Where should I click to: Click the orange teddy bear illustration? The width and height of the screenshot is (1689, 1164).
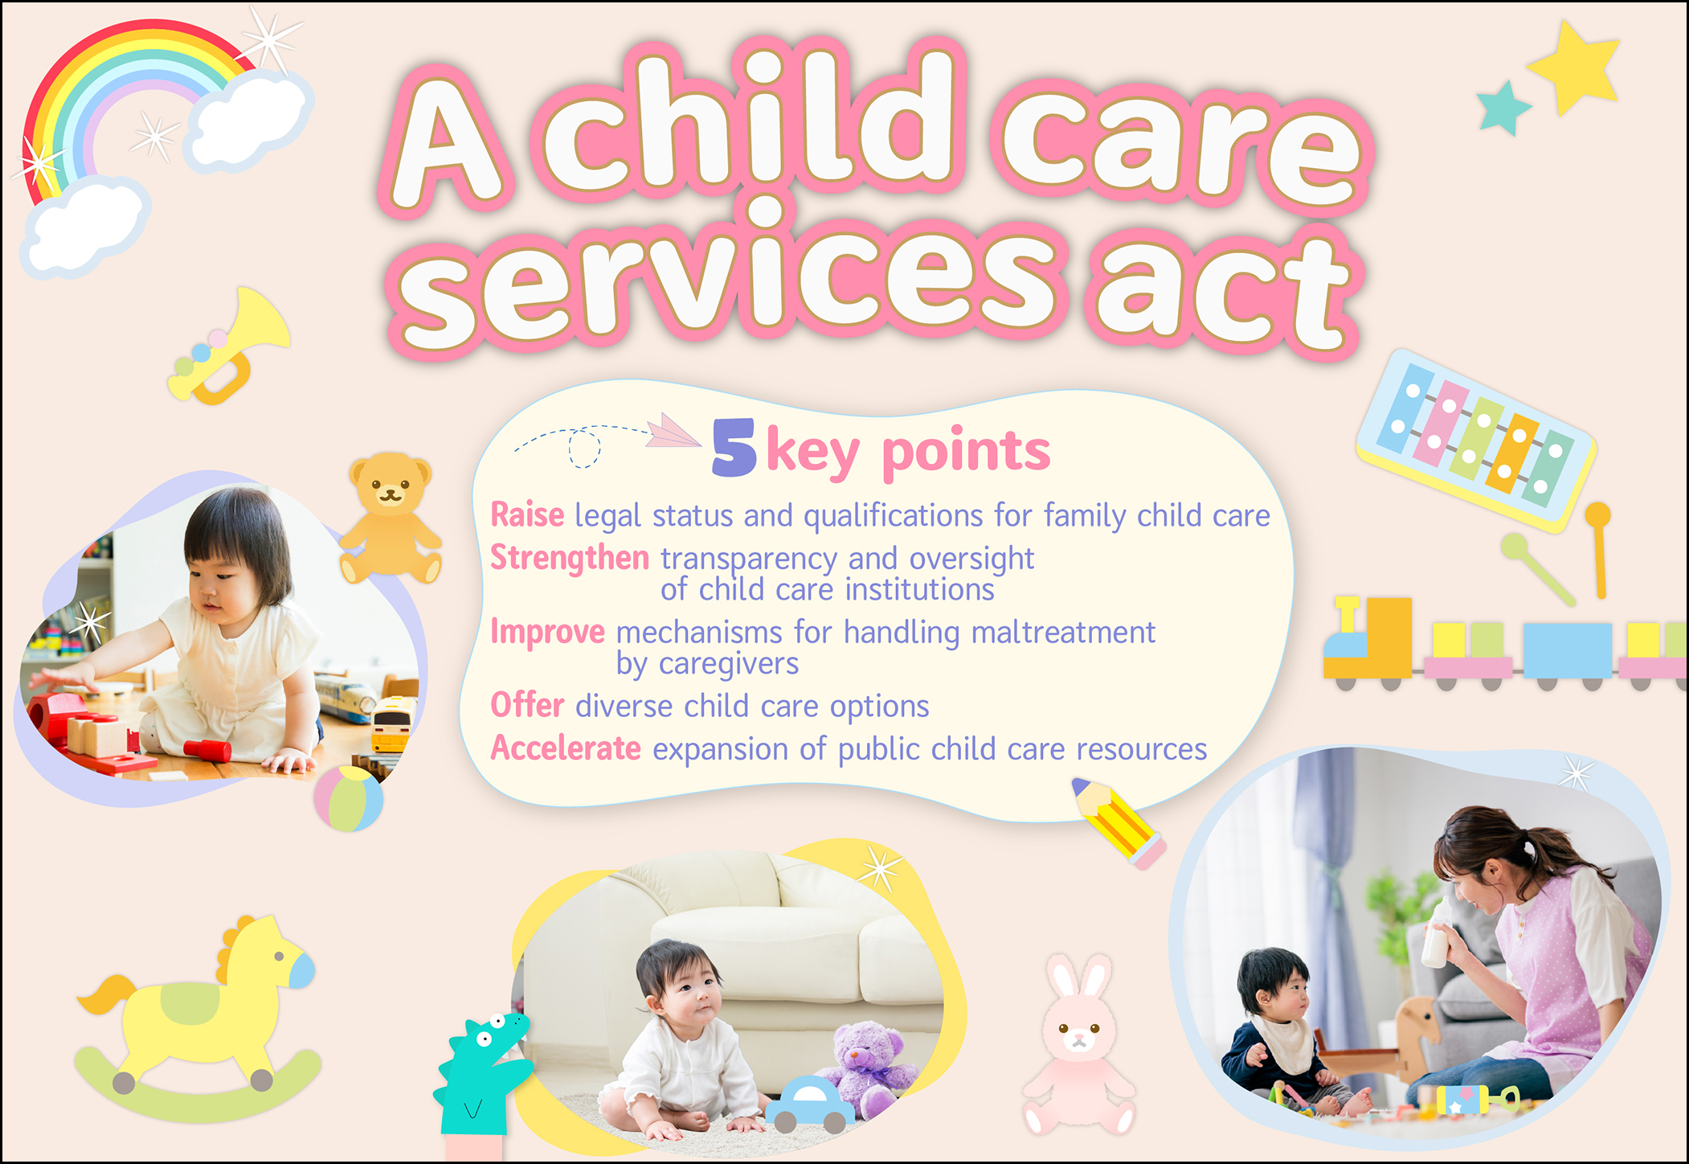pos(391,518)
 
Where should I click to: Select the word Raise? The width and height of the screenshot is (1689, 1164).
pos(527,515)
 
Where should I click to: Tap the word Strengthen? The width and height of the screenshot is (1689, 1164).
pos(570,558)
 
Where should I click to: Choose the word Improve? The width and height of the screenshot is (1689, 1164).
pos(547,633)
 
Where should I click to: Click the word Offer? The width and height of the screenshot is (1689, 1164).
pos(527,705)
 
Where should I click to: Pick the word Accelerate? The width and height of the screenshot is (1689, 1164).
pos(566,748)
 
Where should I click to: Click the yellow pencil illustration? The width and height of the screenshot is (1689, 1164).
pos(1119,822)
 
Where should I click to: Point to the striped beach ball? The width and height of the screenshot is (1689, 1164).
pos(349,798)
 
